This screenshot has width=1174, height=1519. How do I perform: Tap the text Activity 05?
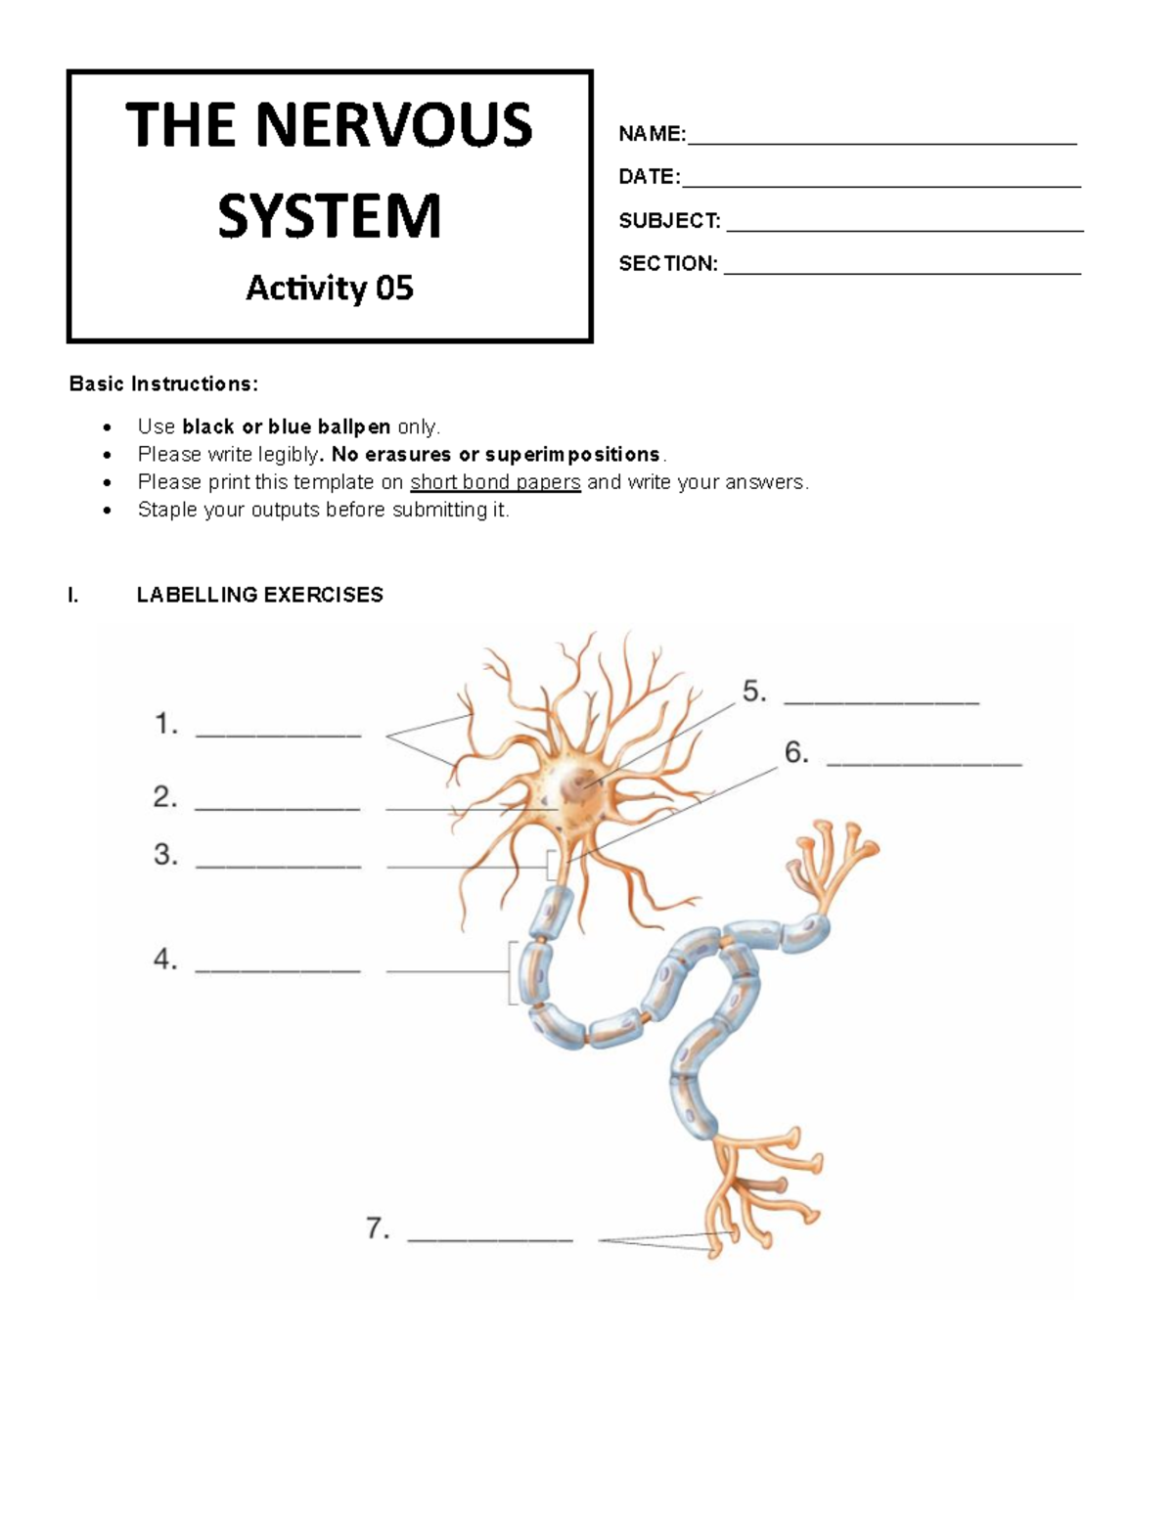(329, 288)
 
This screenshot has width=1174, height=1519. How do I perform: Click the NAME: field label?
(652, 134)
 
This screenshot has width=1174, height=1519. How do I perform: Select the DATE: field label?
(649, 177)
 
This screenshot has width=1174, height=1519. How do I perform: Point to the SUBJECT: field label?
(669, 221)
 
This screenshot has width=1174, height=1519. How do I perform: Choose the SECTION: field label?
(668, 263)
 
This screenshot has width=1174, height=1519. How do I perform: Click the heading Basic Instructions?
(163, 383)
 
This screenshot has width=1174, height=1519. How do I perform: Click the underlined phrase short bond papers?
(495, 481)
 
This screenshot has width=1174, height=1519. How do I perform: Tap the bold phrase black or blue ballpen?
(287, 426)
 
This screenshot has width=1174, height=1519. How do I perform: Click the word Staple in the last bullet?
(166, 510)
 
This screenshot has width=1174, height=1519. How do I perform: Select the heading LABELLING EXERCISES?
(259, 595)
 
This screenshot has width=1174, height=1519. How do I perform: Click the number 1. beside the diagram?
(166, 725)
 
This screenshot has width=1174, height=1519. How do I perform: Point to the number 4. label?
(165, 960)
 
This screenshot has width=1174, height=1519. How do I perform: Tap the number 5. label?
(754, 692)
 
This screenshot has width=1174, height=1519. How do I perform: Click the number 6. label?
(796, 752)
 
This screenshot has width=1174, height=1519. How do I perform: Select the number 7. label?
(379, 1229)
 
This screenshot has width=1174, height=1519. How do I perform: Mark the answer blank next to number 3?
(278, 866)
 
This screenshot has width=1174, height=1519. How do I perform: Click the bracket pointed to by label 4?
(512, 971)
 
